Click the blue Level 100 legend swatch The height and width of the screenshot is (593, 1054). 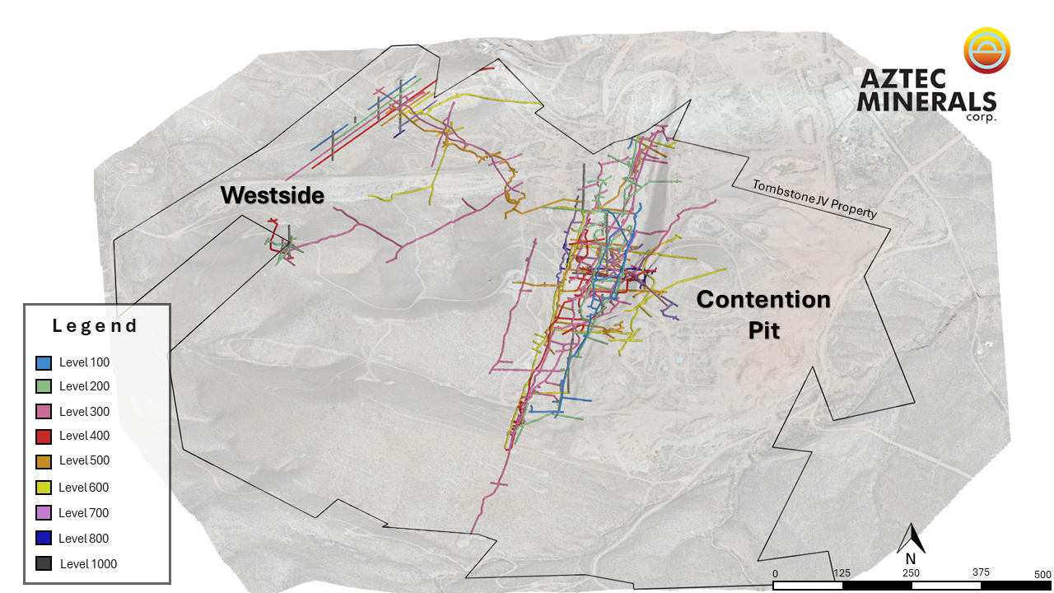tap(44, 363)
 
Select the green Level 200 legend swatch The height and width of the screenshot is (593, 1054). tap(44, 386)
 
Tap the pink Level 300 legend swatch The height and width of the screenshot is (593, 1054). tap(44, 412)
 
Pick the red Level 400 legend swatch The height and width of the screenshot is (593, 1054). tap(44, 437)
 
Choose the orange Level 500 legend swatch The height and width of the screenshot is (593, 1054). tap(44, 461)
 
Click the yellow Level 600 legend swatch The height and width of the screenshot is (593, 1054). tap(44, 488)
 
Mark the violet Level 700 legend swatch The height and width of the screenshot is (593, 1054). tap(44, 512)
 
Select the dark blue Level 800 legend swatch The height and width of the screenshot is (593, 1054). tap(44, 538)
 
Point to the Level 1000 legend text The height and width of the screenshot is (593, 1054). tap(88, 564)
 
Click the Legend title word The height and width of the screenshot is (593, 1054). tap(95, 325)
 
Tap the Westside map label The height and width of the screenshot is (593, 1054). tap(273, 195)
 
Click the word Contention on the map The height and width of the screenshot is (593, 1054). tap(763, 299)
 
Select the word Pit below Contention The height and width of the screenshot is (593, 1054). tap(764, 330)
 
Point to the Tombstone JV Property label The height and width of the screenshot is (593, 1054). tap(814, 199)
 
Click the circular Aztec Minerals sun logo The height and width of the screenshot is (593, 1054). tap(986, 50)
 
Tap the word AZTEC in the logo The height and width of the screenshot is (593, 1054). tap(903, 79)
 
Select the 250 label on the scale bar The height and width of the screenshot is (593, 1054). tap(911, 573)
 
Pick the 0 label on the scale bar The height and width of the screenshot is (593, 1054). tap(775, 574)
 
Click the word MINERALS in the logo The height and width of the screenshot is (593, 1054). tap(926, 101)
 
